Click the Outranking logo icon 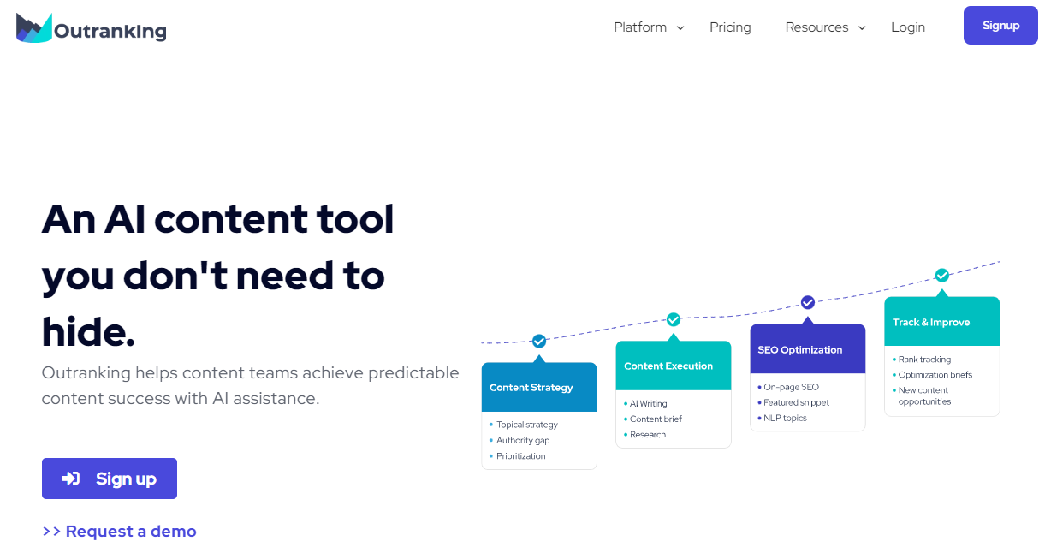33,28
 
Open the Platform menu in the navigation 649,27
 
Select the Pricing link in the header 730,27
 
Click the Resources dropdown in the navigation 826,27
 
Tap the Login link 908,27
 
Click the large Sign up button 110,479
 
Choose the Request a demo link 120,531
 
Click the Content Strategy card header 539,387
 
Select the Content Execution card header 674,366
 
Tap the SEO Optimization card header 808,348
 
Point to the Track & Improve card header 942,322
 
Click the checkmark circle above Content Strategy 539,342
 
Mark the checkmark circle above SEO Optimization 808,302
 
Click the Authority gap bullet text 523,440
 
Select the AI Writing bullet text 649,404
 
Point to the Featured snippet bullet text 796,402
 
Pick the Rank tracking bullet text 924,360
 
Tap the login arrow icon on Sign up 71,479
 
